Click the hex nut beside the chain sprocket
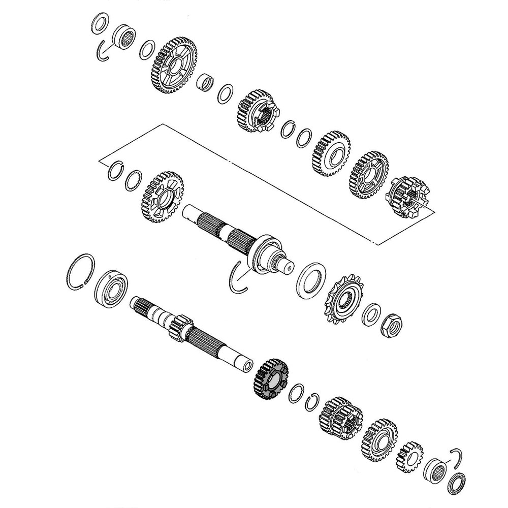point(390,325)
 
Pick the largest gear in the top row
point(174,65)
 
